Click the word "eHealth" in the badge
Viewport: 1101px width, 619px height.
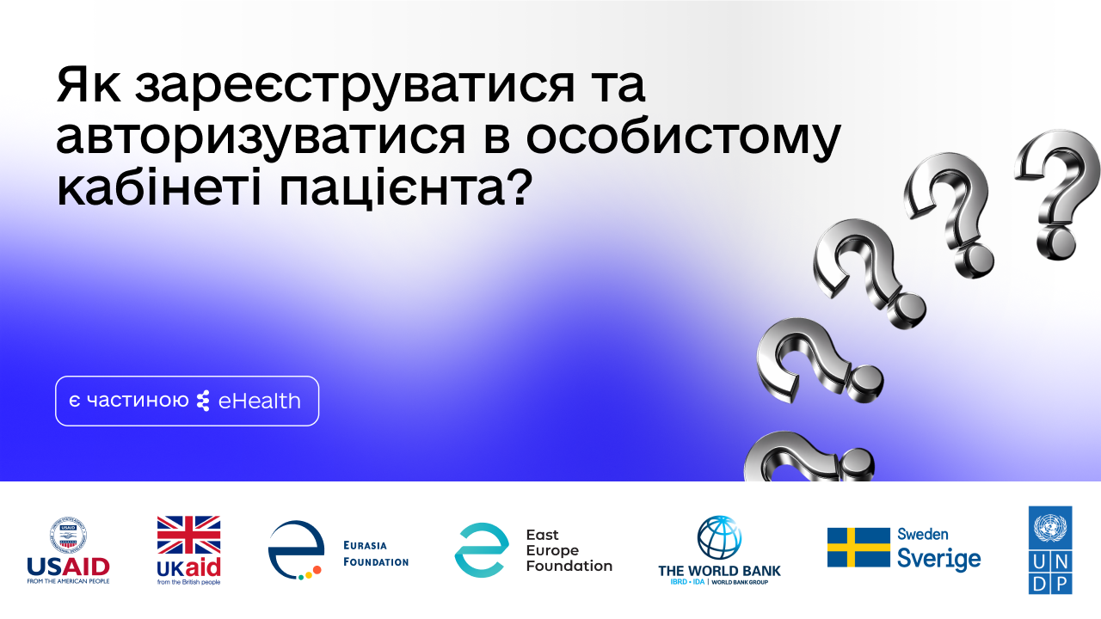pyautogui.click(x=260, y=401)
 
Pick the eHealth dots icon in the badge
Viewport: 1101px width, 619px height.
pyautogui.click(x=203, y=401)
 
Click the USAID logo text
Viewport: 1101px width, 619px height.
pyautogui.click(x=68, y=567)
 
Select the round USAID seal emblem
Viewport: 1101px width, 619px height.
pyautogui.click(x=68, y=535)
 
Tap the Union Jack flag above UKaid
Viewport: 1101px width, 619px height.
pyautogui.click(x=188, y=535)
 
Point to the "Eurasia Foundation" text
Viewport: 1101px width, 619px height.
pyautogui.click(x=375, y=553)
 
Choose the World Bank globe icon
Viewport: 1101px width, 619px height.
pyautogui.click(x=719, y=538)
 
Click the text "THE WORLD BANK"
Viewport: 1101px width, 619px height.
pyautogui.click(x=719, y=571)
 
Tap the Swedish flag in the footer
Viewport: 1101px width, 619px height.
pyautogui.click(x=858, y=547)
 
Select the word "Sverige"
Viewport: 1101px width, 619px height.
pyautogui.click(x=938, y=560)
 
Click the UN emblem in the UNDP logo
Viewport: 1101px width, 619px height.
pyautogui.click(x=1050, y=526)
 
